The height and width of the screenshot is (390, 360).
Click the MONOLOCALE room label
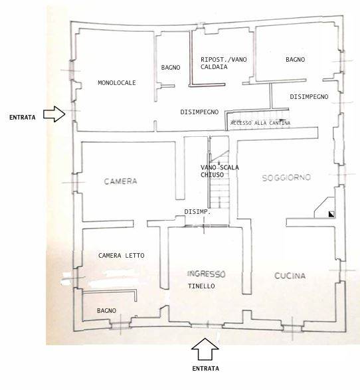[117, 82]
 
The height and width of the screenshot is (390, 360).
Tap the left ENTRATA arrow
[54, 114]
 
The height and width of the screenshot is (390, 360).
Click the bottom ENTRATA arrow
[205, 349]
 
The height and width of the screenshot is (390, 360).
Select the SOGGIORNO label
[286, 177]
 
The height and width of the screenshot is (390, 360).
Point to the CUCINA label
[290, 276]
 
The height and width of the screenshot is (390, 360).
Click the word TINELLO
[201, 286]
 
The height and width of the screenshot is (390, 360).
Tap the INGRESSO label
[206, 274]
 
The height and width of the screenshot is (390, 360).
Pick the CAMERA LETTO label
[122, 255]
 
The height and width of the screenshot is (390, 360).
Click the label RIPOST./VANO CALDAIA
[224, 63]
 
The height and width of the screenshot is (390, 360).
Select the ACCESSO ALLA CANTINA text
[260, 123]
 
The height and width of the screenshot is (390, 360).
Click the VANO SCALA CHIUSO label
[220, 171]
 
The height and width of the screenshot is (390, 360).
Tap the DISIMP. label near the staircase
[197, 212]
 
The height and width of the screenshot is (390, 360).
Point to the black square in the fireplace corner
[331, 214]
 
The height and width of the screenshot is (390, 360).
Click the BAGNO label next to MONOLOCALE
[171, 67]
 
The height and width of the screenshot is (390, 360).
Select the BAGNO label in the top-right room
[295, 59]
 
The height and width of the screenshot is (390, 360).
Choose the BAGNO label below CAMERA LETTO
[106, 311]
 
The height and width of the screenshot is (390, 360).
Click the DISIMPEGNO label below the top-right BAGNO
[309, 97]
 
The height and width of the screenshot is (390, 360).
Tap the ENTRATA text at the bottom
[206, 369]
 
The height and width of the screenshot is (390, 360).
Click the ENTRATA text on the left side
[23, 118]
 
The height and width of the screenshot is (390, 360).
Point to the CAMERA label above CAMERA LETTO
[120, 181]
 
